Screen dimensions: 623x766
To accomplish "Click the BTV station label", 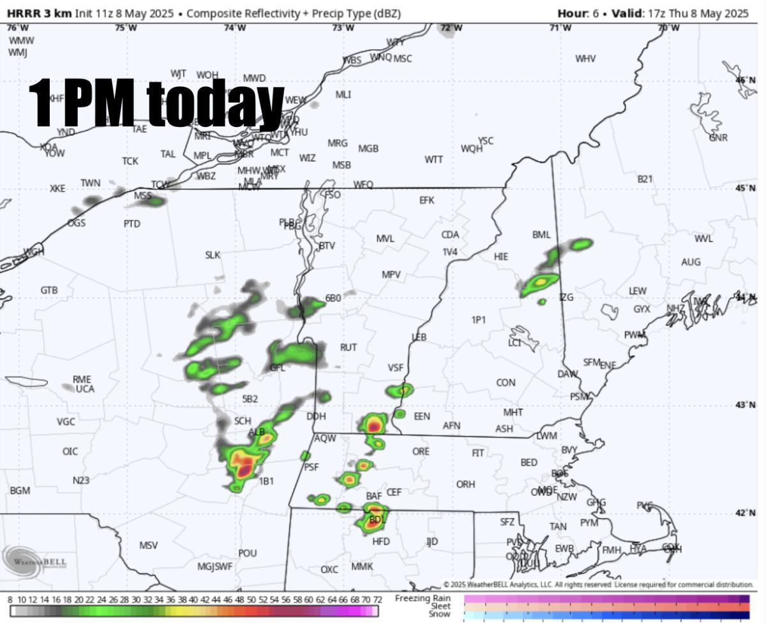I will click(x=327, y=246).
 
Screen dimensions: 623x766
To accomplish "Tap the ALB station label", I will click(x=256, y=432).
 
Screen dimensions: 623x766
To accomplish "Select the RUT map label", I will click(x=349, y=348).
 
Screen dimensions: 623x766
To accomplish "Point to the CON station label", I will click(x=506, y=383).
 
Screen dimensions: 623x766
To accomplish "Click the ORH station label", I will click(x=465, y=485).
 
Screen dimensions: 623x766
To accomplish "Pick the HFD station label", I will click(x=381, y=541).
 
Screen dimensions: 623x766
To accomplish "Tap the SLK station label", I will click(x=213, y=255).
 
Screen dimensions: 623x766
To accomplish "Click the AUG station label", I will click(x=691, y=262).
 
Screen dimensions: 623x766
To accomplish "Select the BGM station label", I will click(x=20, y=490).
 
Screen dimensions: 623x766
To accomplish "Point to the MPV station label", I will click(x=391, y=275).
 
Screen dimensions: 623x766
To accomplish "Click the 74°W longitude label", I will click(x=235, y=27).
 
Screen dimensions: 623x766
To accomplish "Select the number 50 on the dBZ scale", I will click(x=252, y=600).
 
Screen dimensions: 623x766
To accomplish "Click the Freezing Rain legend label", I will click(x=422, y=598).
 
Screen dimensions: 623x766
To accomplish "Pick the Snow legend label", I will click(x=439, y=614).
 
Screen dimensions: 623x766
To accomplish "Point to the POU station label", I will click(x=247, y=553).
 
